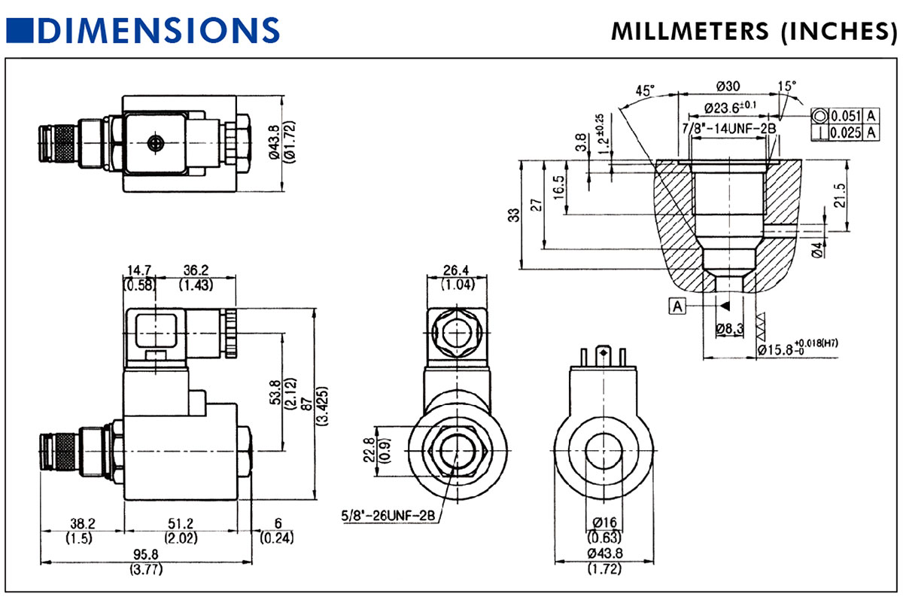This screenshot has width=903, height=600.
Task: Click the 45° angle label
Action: (x=645, y=90)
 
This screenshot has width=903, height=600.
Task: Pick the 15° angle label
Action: (x=788, y=86)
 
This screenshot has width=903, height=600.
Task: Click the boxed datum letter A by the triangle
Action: (x=679, y=306)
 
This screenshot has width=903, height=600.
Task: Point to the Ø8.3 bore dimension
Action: (x=729, y=329)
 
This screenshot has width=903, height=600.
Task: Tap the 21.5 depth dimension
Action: (x=841, y=195)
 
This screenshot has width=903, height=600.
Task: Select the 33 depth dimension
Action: (x=514, y=215)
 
